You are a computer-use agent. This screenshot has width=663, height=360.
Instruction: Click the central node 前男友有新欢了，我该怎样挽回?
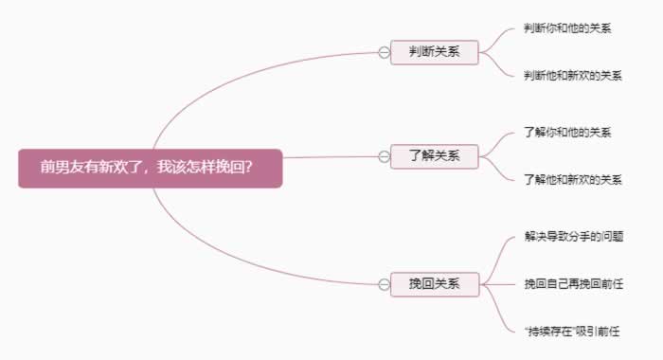(x=150, y=167)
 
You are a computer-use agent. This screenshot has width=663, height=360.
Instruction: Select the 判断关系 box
(x=435, y=52)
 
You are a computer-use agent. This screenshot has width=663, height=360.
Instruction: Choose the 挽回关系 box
(x=435, y=284)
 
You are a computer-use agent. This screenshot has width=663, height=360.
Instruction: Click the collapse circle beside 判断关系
(x=384, y=52)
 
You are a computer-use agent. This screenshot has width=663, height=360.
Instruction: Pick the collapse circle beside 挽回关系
(x=384, y=284)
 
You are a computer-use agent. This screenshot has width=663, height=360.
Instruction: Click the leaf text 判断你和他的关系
(x=567, y=28)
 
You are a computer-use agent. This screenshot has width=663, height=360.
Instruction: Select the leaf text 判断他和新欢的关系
(x=573, y=76)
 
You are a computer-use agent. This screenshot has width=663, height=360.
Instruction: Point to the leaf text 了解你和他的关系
(x=567, y=133)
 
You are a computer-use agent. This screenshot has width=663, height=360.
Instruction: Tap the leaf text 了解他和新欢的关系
(x=573, y=179)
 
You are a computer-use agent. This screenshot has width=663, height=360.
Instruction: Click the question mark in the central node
(x=248, y=167)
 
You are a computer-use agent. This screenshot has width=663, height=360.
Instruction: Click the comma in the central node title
(x=152, y=170)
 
